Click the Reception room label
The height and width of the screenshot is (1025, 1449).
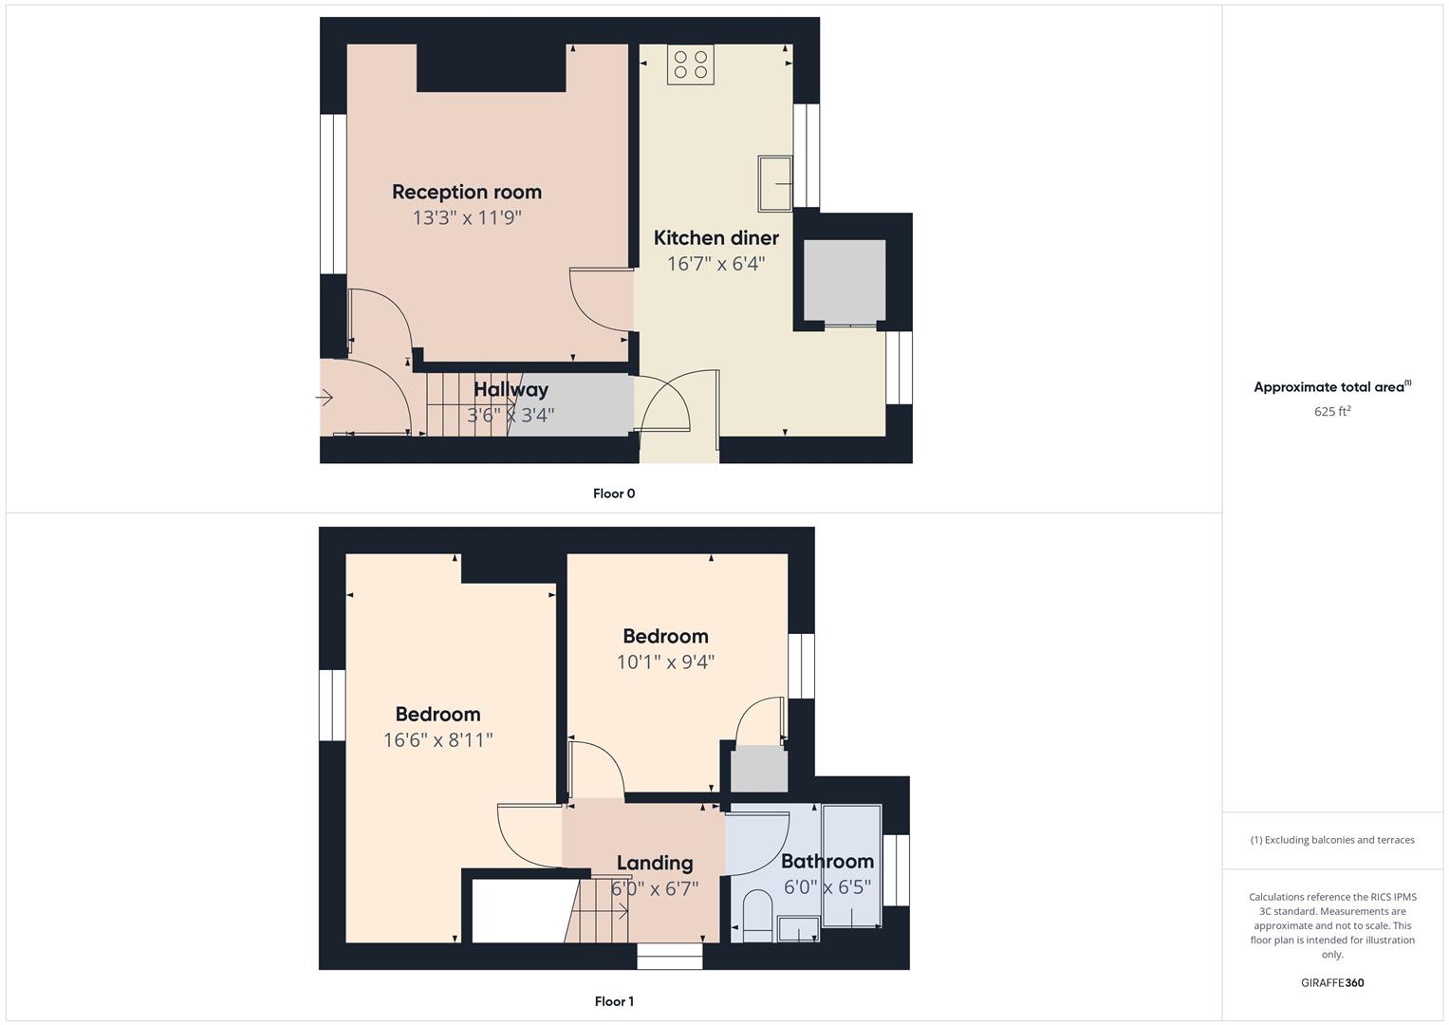coord(467,192)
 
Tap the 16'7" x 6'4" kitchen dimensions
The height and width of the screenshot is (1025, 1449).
coord(716,264)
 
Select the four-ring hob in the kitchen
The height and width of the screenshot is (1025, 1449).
coord(690,65)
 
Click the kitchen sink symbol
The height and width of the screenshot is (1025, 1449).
coord(775,183)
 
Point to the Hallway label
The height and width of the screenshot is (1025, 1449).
coord(511,389)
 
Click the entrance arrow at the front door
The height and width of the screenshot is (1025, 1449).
coord(325,398)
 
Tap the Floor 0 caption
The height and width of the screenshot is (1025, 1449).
coord(614,494)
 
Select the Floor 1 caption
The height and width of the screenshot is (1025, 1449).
coord(614,1001)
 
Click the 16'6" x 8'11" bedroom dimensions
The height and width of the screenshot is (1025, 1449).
coord(438,740)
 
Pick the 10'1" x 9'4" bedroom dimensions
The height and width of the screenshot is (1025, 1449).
coord(665,662)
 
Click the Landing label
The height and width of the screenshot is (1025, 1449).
coord(655,864)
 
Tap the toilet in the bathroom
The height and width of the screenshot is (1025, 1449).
coord(757,916)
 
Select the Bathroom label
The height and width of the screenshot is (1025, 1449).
coord(827,862)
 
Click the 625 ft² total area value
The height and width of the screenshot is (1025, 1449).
coord(1332,412)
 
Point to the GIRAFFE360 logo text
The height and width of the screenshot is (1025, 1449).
coord(1332,983)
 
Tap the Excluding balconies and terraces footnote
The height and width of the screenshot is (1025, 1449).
coord(1332,840)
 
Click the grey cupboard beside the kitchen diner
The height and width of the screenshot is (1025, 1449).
coord(845,281)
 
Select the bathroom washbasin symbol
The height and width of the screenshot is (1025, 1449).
coord(798,929)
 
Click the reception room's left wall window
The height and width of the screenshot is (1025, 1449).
coord(333,195)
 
